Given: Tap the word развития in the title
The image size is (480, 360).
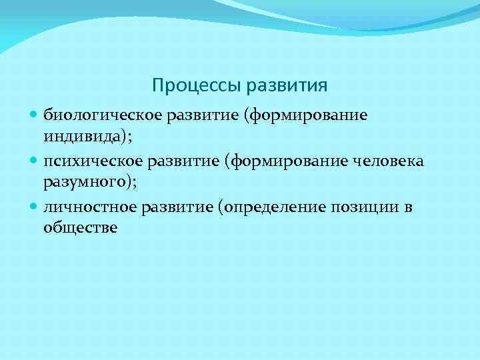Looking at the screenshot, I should tap(287, 86).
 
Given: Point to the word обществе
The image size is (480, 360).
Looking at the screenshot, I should tap(80, 227).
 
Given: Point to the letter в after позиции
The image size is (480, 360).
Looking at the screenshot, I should tap(408, 207).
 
